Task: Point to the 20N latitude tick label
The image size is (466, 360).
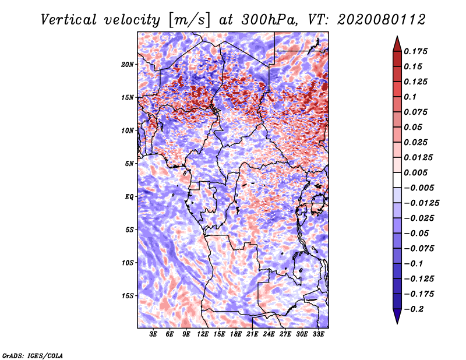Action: pyautogui.click(x=128, y=64)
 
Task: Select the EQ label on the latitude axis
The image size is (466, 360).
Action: pyautogui.click(x=129, y=196)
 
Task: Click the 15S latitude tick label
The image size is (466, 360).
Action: pyautogui.click(x=128, y=295)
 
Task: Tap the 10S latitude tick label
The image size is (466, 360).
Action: pyautogui.click(x=128, y=263)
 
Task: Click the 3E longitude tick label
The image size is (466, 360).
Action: pyautogui.click(x=154, y=335)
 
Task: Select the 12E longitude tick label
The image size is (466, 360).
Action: pyautogui.click(x=203, y=335)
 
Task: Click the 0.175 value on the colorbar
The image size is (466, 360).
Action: pyautogui.click(x=416, y=51)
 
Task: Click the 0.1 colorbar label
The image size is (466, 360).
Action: pyautogui.click(x=412, y=97)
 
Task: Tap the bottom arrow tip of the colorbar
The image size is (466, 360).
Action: pyautogui.click(x=397, y=322)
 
